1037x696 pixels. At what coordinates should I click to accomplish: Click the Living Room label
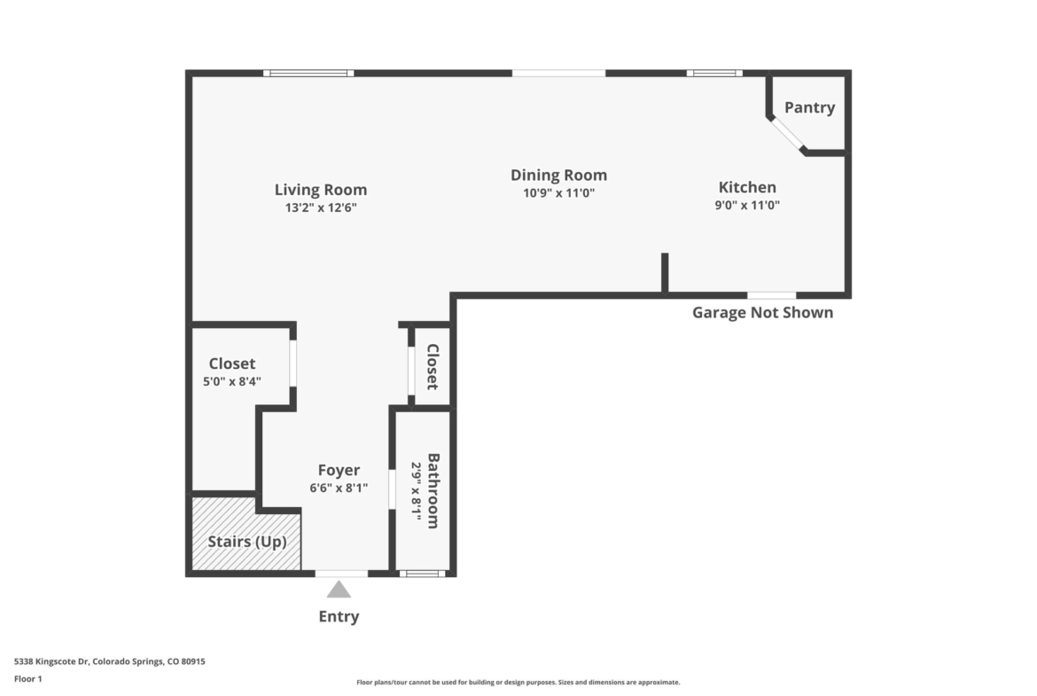point(321,190)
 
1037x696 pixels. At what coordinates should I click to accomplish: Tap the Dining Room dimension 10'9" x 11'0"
point(559,193)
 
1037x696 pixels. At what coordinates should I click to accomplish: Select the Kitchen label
point(747,187)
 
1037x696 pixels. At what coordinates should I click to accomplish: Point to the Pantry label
point(809,107)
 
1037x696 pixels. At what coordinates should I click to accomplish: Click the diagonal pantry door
point(787,134)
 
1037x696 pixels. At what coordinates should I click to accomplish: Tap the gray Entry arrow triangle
point(339,590)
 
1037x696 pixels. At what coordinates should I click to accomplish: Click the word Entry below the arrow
point(339,616)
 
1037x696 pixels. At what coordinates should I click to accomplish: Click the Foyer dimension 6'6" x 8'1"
point(339,489)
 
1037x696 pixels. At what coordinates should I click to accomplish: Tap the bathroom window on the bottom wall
point(422,573)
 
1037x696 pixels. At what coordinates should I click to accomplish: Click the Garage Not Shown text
point(762,313)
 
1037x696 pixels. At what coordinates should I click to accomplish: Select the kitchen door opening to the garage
point(772,295)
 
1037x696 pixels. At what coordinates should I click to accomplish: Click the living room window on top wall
point(308,73)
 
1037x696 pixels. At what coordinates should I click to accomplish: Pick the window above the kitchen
point(714,73)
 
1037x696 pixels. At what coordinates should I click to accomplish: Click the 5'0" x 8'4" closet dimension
point(232,382)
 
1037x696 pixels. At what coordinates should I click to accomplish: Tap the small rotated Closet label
point(433,366)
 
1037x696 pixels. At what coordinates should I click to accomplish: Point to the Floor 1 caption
point(27,679)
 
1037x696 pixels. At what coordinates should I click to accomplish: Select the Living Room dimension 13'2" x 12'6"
point(321,207)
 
